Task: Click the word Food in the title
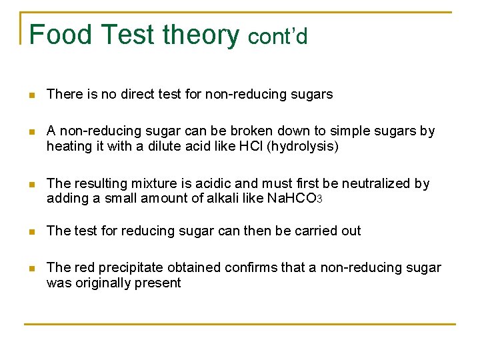tap(59, 35)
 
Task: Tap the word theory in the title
tap(201, 35)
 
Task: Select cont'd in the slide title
tap(278, 37)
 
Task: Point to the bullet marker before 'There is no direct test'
tap(31, 95)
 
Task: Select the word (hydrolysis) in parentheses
tap(302, 145)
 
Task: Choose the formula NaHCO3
tap(295, 198)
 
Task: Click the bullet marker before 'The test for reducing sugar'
tap(31, 232)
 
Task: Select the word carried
tap(315, 231)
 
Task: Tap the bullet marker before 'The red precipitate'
tap(31, 269)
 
